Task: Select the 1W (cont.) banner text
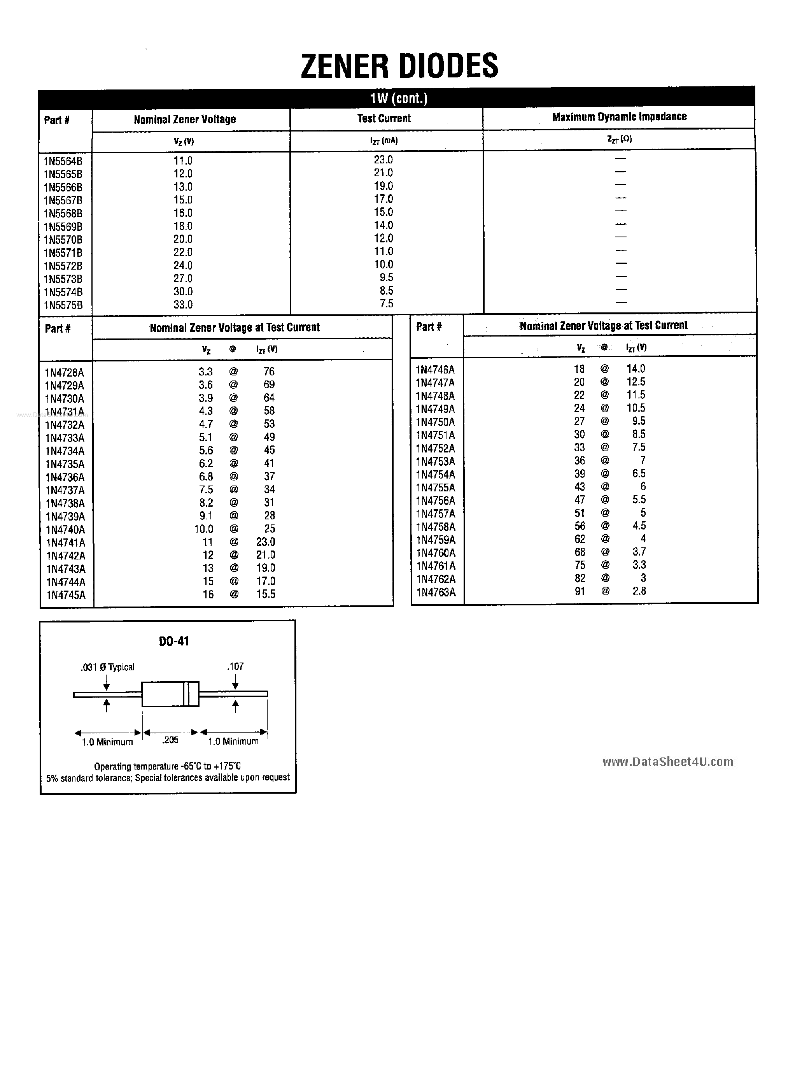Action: coord(398,99)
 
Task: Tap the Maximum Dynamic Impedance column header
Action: coord(619,117)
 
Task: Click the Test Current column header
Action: coord(384,118)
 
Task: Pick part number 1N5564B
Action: coord(63,161)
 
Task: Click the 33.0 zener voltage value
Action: coord(183,305)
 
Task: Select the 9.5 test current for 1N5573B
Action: coord(386,278)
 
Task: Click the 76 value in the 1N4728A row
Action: coord(269,372)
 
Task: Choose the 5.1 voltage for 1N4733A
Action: coord(205,437)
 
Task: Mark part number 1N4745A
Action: coord(66,595)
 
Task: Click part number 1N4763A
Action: coord(436,592)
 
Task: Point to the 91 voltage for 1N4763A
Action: coord(580,591)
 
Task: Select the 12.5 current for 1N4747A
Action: coord(636,382)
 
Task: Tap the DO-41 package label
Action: coord(174,642)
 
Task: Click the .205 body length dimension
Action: coord(170,740)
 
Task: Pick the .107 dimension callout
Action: coord(235,666)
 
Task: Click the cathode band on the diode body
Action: coord(186,694)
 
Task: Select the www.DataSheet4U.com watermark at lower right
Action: coord(667,762)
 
